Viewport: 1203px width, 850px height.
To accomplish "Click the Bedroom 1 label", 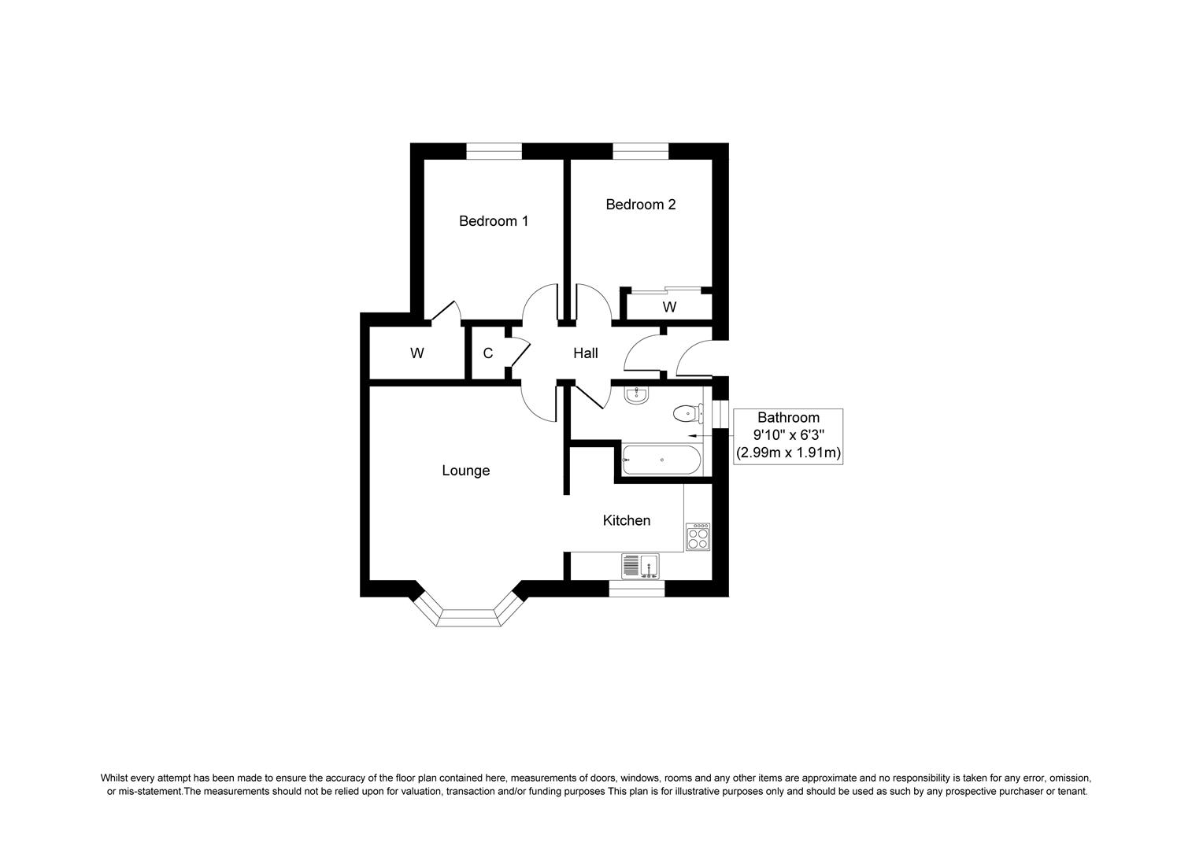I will pyautogui.click(x=494, y=221).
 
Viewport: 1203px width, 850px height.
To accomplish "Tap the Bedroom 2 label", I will pyautogui.click(x=640, y=205).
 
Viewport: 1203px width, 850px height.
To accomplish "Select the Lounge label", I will pyautogui.click(x=465, y=471).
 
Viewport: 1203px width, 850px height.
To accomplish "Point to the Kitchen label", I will pyautogui.click(x=627, y=520).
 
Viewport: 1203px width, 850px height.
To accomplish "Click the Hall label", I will pyautogui.click(x=585, y=353).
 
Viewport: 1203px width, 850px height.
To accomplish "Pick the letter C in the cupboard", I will pyautogui.click(x=488, y=353).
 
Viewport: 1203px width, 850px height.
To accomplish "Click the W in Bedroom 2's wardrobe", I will pyautogui.click(x=669, y=307).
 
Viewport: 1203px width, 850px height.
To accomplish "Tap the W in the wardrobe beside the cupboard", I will pyautogui.click(x=416, y=353).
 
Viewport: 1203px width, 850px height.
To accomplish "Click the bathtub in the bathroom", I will pyautogui.click(x=661, y=460).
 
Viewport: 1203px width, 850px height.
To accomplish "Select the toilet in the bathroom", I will pyautogui.click(x=686, y=412).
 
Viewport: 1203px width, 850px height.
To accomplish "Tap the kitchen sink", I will pyautogui.click(x=641, y=566).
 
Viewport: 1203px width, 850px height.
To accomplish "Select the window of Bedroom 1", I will pyautogui.click(x=494, y=151).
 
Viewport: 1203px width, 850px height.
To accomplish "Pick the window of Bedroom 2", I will pyautogui.click(x=640, y=151).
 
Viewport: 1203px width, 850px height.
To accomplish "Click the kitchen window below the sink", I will pyautogui.click(x=636, y=588).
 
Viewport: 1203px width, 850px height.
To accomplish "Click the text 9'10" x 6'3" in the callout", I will pyautogui.click(x=788, y=435).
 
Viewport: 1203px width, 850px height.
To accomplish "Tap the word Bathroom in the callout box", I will pyautogui.click(x=788, y=418).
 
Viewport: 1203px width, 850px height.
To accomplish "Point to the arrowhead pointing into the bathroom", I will pyautogui.click(x=692, y=434).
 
